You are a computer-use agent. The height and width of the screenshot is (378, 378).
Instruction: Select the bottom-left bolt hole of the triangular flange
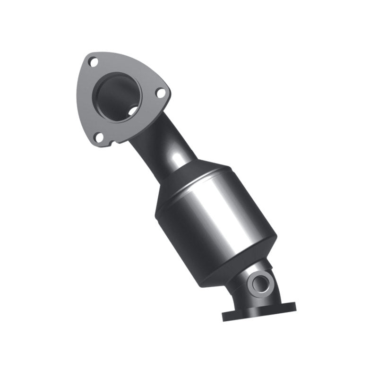tap(99, 137)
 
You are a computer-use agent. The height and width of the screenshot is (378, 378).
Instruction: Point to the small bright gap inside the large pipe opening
tap(134, 110)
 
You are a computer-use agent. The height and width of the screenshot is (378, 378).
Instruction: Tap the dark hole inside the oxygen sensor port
tap(260, 284)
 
